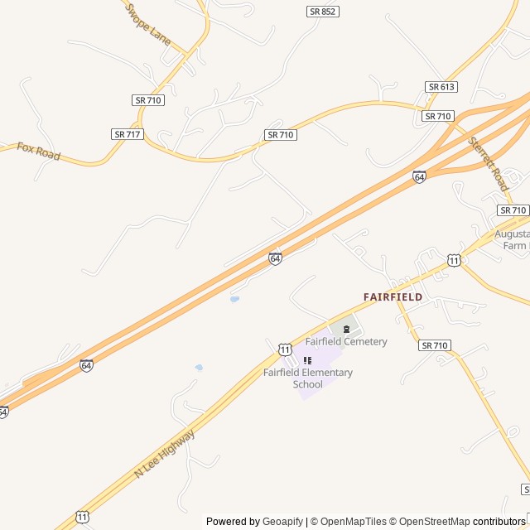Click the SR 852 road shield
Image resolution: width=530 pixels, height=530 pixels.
(322, 12)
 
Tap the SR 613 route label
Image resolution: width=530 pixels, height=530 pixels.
(442, 87)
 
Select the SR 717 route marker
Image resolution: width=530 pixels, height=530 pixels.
(127, 133)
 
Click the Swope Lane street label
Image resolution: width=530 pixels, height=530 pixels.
(147, 23)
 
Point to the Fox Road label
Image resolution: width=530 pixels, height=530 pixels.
(39, 151)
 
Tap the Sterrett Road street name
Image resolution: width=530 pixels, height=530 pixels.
(488, 164)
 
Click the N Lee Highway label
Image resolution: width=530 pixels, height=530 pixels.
(164, 453)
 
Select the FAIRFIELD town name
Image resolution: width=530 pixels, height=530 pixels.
(393, 296)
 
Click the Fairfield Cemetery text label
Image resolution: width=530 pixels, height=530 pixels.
(345, 341)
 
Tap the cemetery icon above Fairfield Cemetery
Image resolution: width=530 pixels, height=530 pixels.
(346, 329)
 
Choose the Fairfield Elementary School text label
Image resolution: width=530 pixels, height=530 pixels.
(308, 378)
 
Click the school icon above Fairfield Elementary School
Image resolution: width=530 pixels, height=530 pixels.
(307, 360)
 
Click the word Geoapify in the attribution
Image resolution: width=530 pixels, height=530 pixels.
(283, 522)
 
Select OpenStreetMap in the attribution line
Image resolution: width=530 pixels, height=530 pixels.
(433, 522)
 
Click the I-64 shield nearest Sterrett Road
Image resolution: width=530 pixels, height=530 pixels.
(419, 176)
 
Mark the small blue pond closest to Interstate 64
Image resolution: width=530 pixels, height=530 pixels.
(234, 299)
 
